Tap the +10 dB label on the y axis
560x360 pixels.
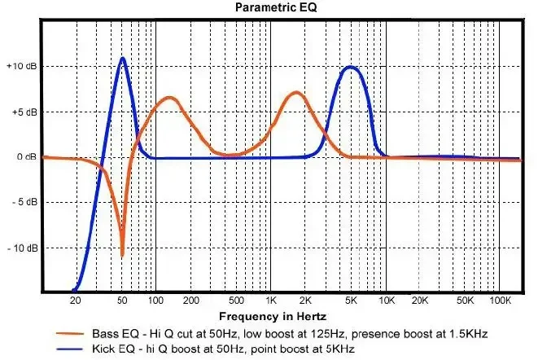(x=20, y=66)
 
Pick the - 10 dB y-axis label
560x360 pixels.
(x=20, y=248)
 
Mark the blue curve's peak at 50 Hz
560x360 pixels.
(x=122, y=58)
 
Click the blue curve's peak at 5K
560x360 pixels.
(x=351, y=68)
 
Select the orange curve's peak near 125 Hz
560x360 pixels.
(x=169, y=98)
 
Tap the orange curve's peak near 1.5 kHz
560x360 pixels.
(x=295, y=93)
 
